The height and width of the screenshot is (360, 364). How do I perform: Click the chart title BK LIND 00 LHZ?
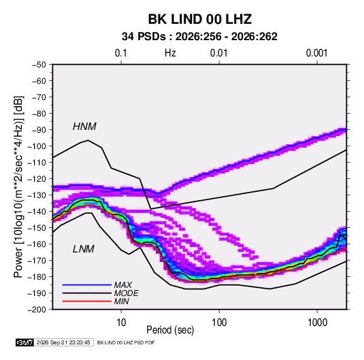[200, 19]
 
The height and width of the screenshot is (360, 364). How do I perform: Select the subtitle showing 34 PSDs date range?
[199, 37]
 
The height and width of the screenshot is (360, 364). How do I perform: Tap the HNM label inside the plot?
[84, 127]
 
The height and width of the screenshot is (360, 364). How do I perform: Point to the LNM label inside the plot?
[84, 249]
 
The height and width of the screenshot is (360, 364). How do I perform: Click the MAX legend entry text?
[123, 284]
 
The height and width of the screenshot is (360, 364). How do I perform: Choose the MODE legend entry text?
[127, 293]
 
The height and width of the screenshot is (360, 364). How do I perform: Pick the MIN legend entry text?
[122, 301]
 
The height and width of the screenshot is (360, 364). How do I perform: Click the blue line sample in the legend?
[87, 284]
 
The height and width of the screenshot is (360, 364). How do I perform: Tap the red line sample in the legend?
[87, 301]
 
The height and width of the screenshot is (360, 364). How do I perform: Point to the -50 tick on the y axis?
[39, 65]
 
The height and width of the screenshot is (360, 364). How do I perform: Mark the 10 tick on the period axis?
[121, 323]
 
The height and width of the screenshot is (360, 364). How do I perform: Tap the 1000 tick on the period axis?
[317, 323]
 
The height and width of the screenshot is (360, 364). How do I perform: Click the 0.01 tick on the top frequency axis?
[218, 53]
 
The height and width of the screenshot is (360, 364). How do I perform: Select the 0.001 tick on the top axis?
[316, 53]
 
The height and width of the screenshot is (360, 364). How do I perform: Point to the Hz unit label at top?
[170, 53]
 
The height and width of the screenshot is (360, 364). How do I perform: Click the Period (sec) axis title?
[170, 330]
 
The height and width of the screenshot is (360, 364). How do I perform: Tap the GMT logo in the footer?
[25, 342]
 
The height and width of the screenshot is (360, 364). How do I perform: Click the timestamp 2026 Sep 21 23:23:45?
[63, 342]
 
